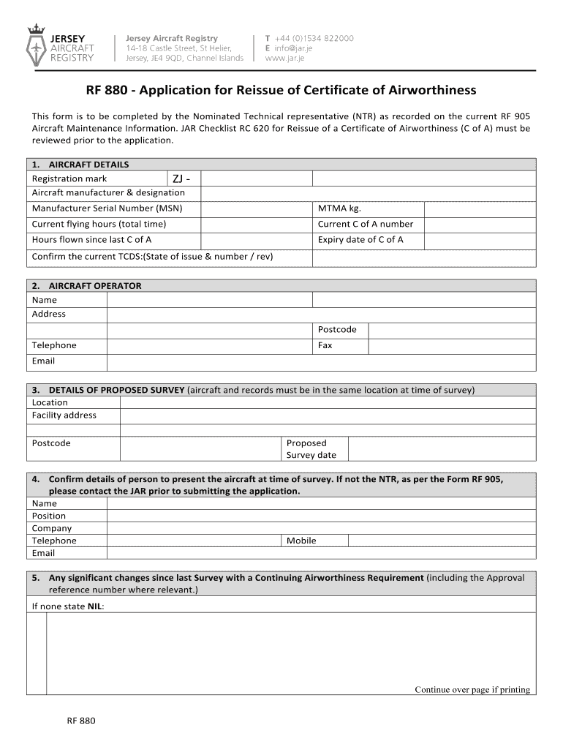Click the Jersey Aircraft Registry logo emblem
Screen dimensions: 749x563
(36, 45)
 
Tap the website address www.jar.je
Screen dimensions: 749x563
(286, 59)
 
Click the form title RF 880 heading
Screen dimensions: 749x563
(281, 90)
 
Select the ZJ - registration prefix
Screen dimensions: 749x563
(182, 179)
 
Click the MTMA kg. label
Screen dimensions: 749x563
(339, 208)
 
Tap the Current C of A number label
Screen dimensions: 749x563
(365, 224)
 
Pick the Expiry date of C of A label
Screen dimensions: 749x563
(360, 239)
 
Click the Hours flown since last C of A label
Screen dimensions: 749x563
(91, 239)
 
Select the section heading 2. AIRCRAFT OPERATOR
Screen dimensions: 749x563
(86, 286)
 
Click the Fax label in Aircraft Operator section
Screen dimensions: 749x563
(325, 345)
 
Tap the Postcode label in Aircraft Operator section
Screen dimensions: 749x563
(337, 330)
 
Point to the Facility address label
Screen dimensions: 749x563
(64, 415)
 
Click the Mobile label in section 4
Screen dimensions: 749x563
(301, 541)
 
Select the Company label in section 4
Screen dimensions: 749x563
(52, 528)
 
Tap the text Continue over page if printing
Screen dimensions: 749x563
(472, 689)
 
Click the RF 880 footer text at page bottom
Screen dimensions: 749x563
(80, 720)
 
